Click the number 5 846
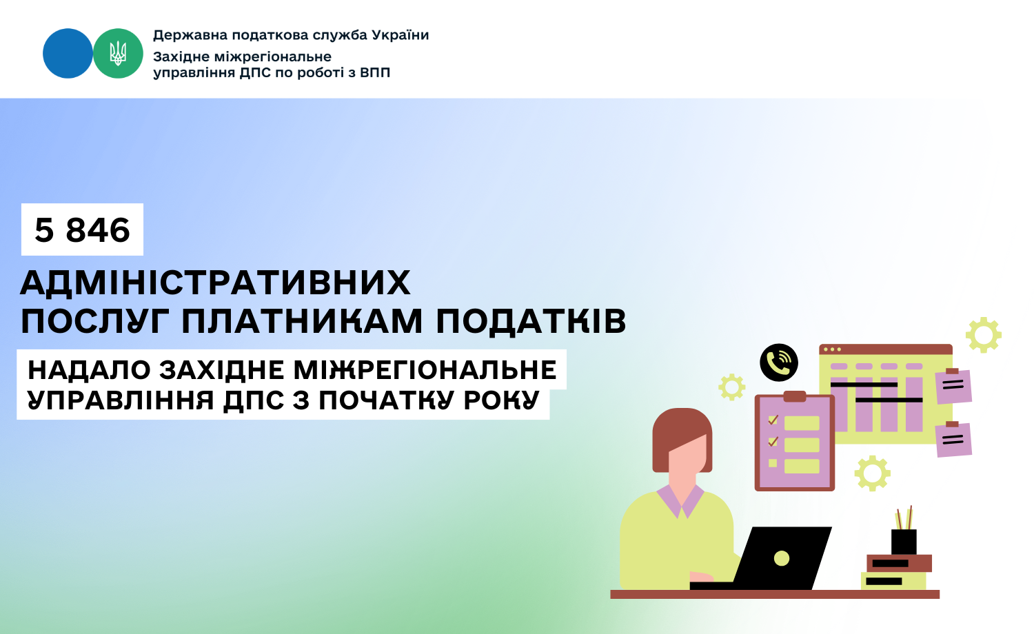click(82, 229)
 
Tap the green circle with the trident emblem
click(118, 53)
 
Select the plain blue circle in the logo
click(68, 53)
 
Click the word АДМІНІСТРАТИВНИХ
click(215, 283)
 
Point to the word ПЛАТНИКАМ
click(302, 321)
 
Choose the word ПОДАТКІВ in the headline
click(531, 321)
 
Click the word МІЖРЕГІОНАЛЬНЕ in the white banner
click(425, 370)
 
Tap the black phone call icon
click(779, 362)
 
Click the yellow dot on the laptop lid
click(782, 558)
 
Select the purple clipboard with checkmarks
click(794, 442)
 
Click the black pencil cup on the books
click(903, 541)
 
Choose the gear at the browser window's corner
click(984, 335)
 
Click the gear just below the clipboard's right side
click(873, 473)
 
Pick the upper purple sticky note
click(953, 386)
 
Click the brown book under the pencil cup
click(899, 563)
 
